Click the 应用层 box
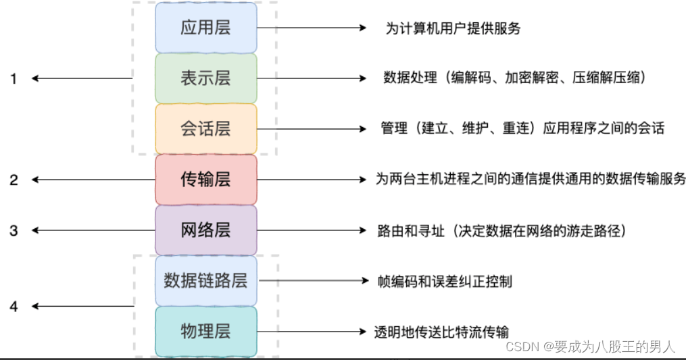point(206,28)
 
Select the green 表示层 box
point(206,78)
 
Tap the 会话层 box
point(206,129)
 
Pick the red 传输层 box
point(206,180)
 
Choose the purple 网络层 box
point(206,230)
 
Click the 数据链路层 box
point(206,280)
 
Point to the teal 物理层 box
point(206,331)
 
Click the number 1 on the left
point(14,79)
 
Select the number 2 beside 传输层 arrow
point(14,180)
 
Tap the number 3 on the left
point(14,230)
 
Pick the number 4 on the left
point(14,307)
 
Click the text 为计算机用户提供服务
point(453,28)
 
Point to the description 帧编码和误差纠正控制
point(445,280)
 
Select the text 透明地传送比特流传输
point(441,332)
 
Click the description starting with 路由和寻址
point(503,231)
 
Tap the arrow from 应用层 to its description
point(311,28)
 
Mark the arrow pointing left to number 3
point(81,230)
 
